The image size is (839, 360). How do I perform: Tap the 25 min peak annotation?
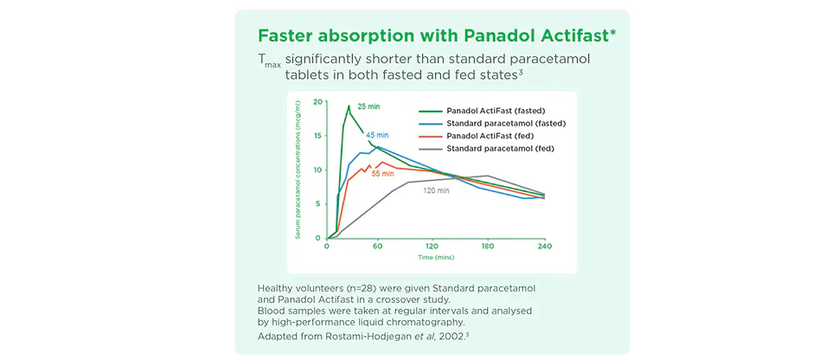pos(368,106)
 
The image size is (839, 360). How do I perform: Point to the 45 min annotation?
pos(377,135)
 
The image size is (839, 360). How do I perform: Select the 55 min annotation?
pos(383,174)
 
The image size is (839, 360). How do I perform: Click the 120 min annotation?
pos(435,190)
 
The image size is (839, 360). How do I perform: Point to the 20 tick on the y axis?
pos(317,102)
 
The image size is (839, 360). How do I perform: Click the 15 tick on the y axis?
pos(317,136)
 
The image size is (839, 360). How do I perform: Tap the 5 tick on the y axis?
pos(319,204)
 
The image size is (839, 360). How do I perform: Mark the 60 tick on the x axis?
pos(377,247)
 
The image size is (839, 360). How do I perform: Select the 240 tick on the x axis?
pos(544,247)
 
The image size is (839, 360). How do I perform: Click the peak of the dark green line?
pos(349,106)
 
